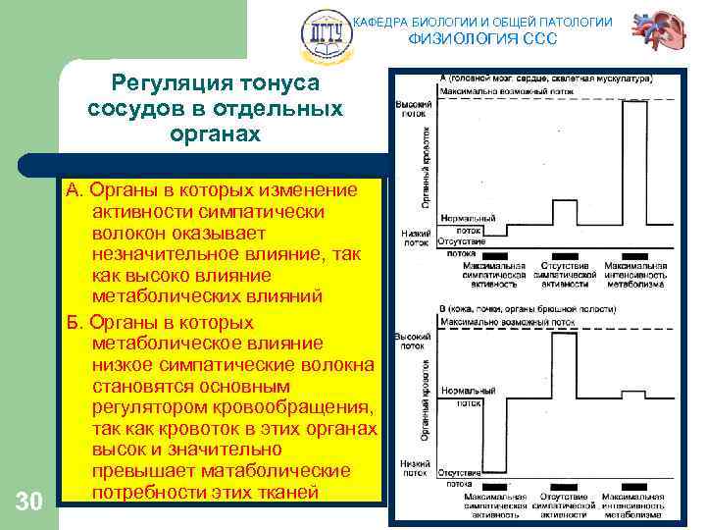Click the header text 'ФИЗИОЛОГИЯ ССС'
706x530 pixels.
[x=481, y=39]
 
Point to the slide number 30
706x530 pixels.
[x=29, y=503]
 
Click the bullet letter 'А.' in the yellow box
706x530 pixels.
[x=76, y=188]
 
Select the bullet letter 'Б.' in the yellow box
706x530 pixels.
[x=76, y=323]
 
